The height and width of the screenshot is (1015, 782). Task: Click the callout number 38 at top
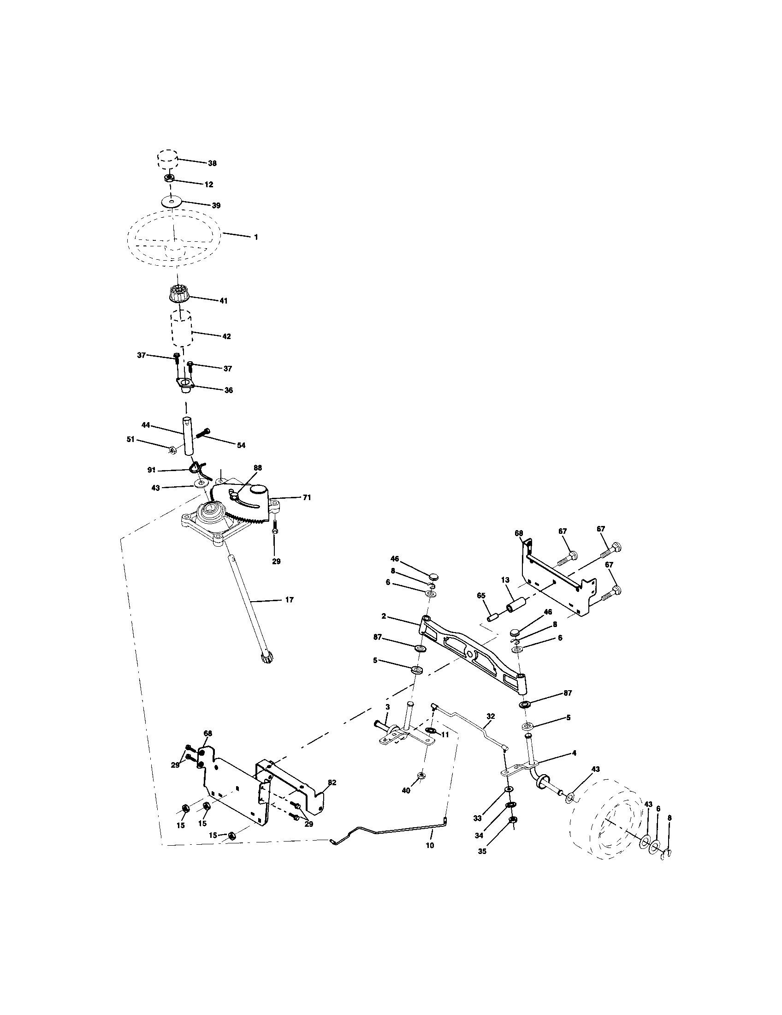click(x=212, y=163)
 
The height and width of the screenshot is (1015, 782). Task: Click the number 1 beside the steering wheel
click(x=255, y=237)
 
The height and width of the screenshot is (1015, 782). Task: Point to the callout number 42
click(x=226, y=336)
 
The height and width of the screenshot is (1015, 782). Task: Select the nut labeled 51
click(x=171, y=449)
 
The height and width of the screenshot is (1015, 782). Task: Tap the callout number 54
click(x=241, y=445)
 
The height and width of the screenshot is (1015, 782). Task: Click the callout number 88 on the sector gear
click(x=257, y=467)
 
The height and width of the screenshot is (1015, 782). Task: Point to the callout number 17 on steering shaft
click(x=289, y=600)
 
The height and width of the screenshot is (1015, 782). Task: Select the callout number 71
click(x=307, y=497)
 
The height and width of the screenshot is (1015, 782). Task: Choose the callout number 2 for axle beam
click(x=384, y=616)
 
